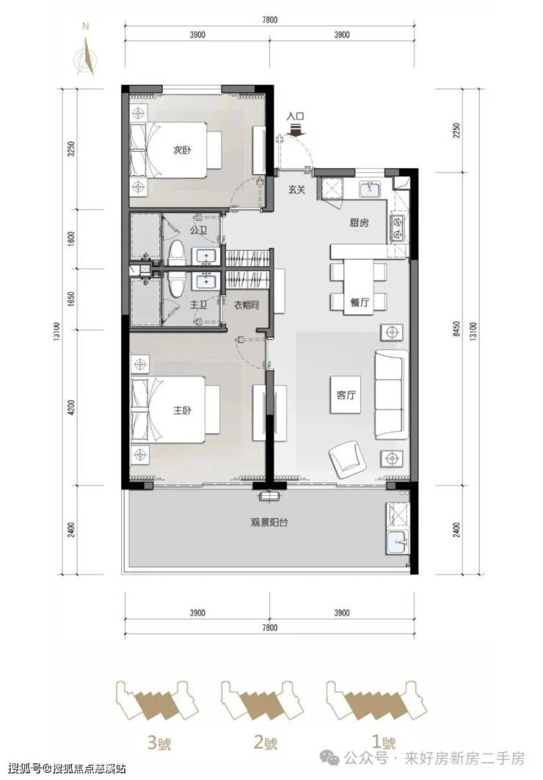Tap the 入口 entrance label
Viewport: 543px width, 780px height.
[x=296, y=117]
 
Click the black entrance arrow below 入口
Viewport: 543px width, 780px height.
[x=296, y=130]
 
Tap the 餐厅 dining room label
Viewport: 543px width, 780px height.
[x=360, y=302]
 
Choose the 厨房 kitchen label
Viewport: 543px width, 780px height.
[x=359, y=223]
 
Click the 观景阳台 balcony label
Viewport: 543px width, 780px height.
[x=269, y=523]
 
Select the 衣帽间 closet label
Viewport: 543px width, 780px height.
[x=247, y=305]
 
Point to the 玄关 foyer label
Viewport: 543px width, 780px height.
[x=296, y=189]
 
